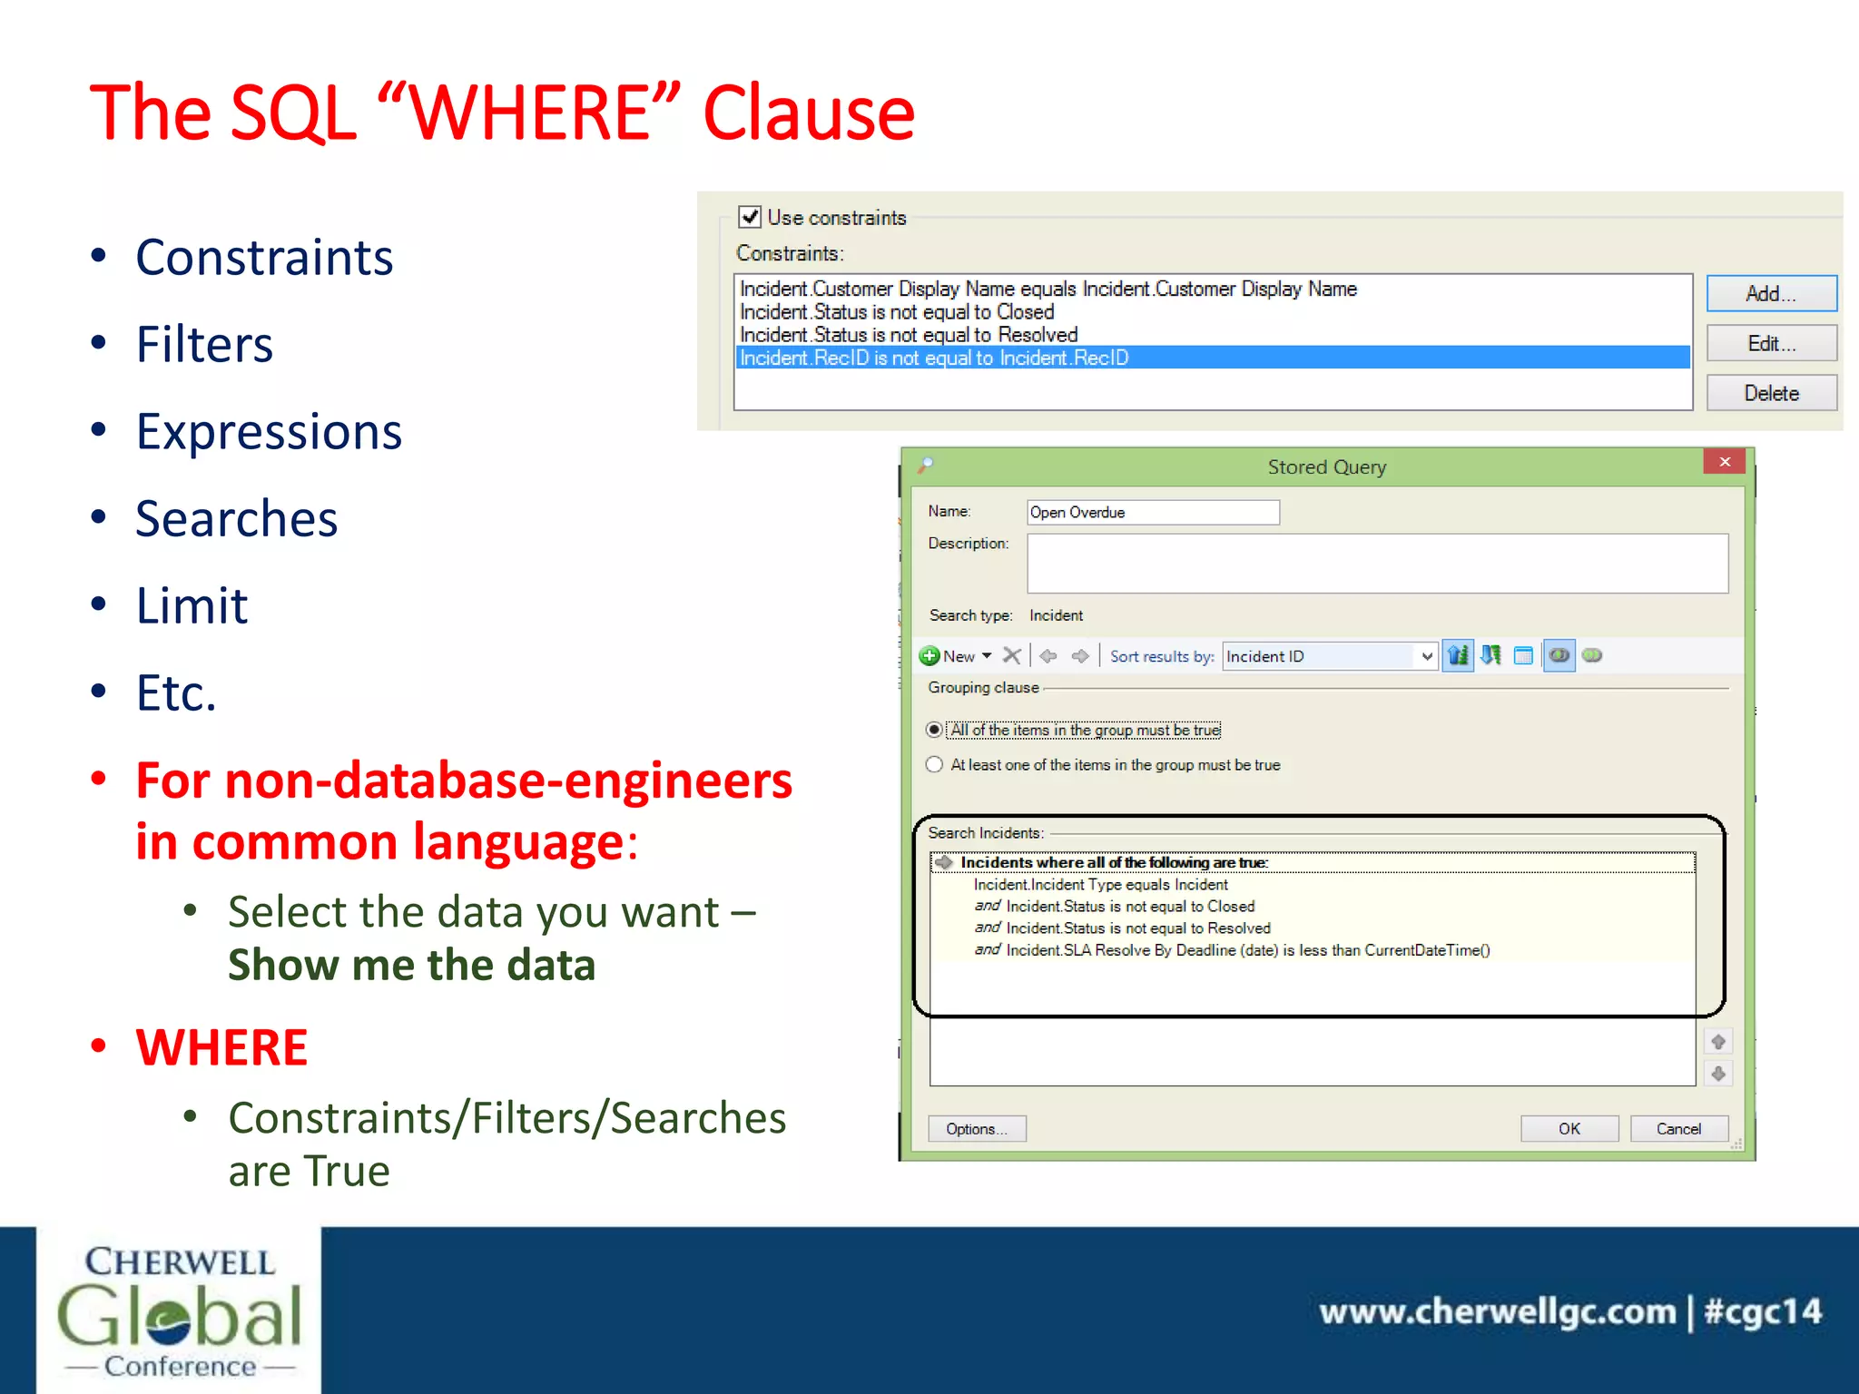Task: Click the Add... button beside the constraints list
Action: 1770,293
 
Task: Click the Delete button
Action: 1770,393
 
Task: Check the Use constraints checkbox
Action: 750,217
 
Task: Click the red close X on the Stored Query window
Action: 1724,462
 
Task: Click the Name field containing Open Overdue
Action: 1152,513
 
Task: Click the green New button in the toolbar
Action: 948,655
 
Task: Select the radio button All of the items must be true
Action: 934,730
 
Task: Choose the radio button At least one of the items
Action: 934,764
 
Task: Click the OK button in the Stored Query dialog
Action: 1569,1128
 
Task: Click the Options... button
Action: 976,1128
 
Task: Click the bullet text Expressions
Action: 269,431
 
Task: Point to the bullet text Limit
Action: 192,605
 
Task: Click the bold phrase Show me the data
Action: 411,965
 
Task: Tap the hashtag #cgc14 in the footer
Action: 1762,1311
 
